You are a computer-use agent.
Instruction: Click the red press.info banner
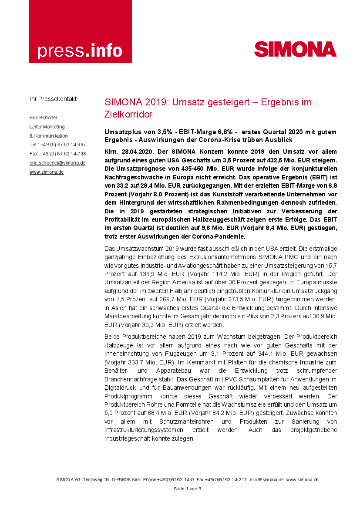(x=80, y=31)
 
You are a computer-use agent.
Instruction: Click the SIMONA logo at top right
(x=295, y=49)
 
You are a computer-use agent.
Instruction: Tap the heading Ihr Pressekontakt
(x=53, y=99)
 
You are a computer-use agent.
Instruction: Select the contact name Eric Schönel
(x=43, y=118)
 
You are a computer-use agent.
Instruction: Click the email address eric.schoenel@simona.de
(x=57, y=163)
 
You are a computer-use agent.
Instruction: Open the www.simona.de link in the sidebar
(x=47, y=172)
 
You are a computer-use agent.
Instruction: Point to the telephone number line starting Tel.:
(x=57, y=145)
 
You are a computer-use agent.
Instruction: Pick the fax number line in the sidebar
(x=57, y=154)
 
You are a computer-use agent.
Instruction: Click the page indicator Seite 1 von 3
(x=187, y=489)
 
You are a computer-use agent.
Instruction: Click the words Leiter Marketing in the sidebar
(x=47, y=127)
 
